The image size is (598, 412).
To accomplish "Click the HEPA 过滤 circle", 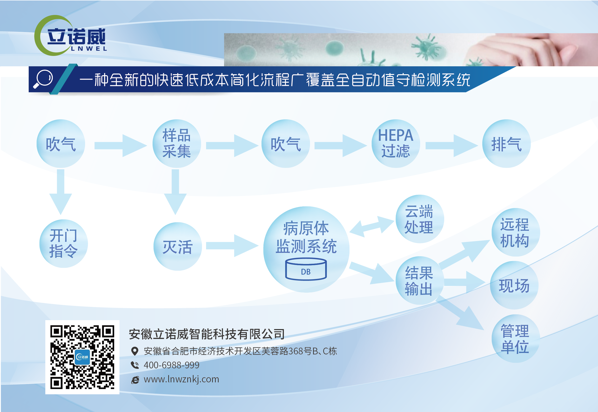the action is [396, 143].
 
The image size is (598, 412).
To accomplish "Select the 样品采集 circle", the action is [177, 143].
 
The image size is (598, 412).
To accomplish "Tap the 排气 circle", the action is [506, 143].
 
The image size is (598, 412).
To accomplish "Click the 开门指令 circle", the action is [63, 243].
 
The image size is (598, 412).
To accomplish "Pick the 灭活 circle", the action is [178, 247].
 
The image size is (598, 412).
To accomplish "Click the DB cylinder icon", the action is [306, 269].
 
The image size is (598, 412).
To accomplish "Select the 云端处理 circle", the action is [420, 219].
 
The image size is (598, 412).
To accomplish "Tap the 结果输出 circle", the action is [420, 280].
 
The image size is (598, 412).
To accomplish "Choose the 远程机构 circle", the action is [516, 232].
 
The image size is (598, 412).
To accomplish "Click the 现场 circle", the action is [514, 285].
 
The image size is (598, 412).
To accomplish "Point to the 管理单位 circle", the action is [516, 338].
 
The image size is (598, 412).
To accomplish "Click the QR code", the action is [82, 357].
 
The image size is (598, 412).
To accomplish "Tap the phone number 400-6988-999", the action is [171, 365].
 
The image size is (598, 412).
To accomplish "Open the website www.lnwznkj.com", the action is [181, 379].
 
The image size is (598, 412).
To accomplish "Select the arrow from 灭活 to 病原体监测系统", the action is [232, 245].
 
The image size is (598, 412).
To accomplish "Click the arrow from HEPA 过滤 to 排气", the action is [452, 146].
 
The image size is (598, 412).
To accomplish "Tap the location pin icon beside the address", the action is [134, 351].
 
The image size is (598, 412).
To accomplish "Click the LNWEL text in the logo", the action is [89, 48].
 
